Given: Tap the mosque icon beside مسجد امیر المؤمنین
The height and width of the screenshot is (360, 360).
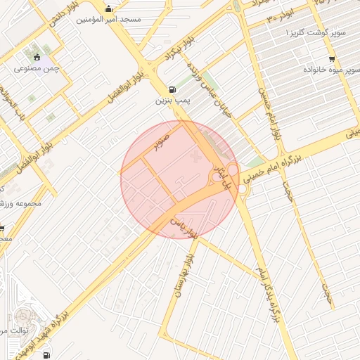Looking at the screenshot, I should click(x=108, y=9).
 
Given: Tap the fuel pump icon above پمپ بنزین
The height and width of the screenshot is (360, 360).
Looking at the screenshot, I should click(x=173, y=90).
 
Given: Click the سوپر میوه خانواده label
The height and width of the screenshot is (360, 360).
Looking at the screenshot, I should click(x=331, y=71).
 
